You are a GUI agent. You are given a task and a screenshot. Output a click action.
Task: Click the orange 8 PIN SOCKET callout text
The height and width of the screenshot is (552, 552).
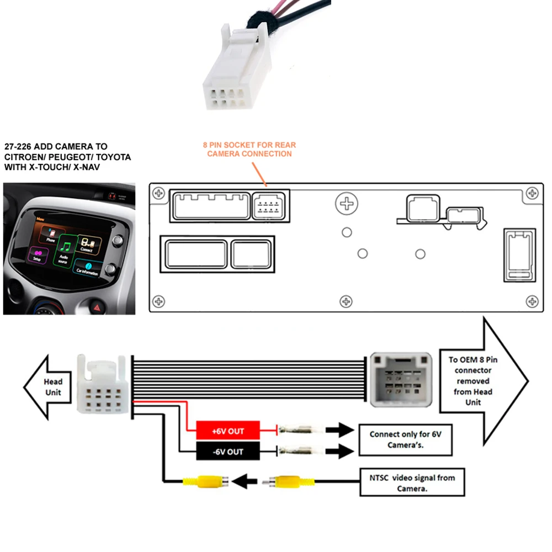coord(249,149)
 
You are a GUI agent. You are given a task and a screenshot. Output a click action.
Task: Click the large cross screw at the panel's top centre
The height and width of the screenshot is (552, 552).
coord(347,204)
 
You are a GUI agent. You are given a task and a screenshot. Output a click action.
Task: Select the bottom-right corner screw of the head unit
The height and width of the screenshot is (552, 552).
coord(532,301)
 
